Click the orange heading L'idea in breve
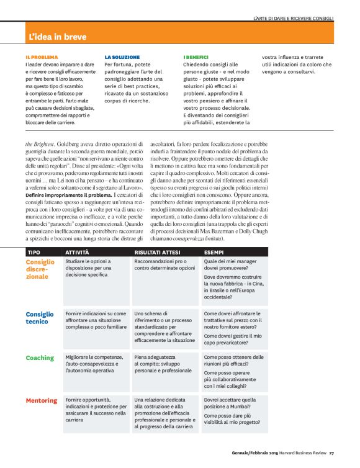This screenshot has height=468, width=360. pos(57,37)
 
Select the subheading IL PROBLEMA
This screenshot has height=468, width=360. pos(42,56)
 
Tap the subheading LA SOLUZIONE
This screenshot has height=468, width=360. pos(122,56)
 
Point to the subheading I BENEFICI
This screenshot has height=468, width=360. pos(197,56)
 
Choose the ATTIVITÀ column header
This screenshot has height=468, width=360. pos(77,253)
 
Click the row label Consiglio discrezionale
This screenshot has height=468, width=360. pos(40,269)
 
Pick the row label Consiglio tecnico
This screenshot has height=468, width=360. pos(40,318)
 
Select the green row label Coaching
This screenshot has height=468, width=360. pos(40,358)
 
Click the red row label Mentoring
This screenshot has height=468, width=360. pos(42,401)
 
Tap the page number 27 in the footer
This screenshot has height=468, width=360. pos(332,451)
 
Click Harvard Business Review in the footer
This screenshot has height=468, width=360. pos(301,451)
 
